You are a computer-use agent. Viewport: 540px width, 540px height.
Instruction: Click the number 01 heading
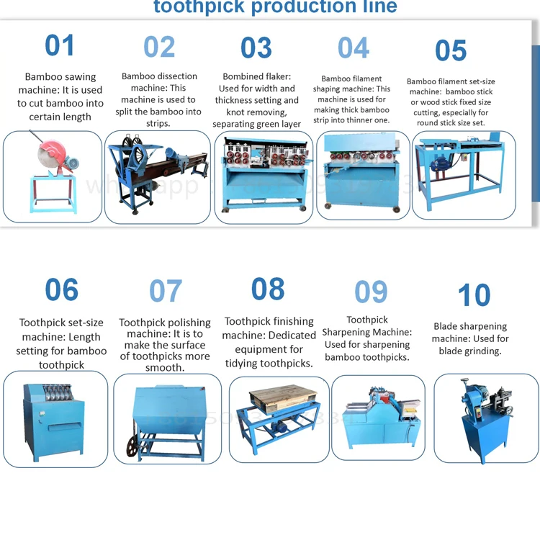pos(59,45)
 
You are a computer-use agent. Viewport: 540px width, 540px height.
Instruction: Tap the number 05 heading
pos(451,51)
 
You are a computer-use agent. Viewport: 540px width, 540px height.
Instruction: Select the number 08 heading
pos(268,289)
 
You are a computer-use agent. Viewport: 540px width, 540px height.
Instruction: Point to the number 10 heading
pos(474,295)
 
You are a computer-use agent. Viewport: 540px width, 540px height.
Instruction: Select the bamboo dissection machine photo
pos(157,176)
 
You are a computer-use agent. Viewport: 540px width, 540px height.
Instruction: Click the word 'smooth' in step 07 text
pos(163,367)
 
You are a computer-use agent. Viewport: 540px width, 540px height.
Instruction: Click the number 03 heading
pos(256,48)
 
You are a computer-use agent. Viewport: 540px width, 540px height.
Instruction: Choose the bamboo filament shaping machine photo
pos(359,175)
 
